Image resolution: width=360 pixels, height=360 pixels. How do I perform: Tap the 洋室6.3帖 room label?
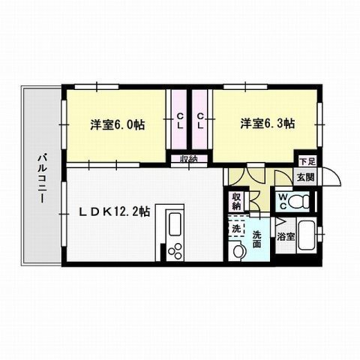pyautogui.click(x=267, y=122)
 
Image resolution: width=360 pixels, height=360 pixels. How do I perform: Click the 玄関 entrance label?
pyautogui.click(x=304, y=178)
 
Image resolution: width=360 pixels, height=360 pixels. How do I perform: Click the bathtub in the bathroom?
pyautogui.click(x=307, y=235)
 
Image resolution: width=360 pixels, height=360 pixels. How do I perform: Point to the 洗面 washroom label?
pyautogui.click(x=256, y=238)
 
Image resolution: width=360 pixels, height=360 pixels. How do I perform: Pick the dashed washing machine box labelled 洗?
pyautogui.click(x=237, y=226)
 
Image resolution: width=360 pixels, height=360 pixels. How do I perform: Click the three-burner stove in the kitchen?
pyautogui.click(x=176, y=250)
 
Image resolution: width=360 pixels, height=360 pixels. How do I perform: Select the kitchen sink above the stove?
pyautogui.click(x=175, y=223)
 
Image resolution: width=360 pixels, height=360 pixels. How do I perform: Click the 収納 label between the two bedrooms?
pyautogui.click(x=188, y=158)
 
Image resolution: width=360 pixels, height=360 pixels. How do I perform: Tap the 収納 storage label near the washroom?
pyautogui.click(x=236, y=200)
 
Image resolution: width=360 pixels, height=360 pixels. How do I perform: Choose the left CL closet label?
pyautogui.click(x=180, y=120)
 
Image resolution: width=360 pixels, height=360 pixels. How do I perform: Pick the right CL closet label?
pyautogui.click(x=201, y=120)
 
